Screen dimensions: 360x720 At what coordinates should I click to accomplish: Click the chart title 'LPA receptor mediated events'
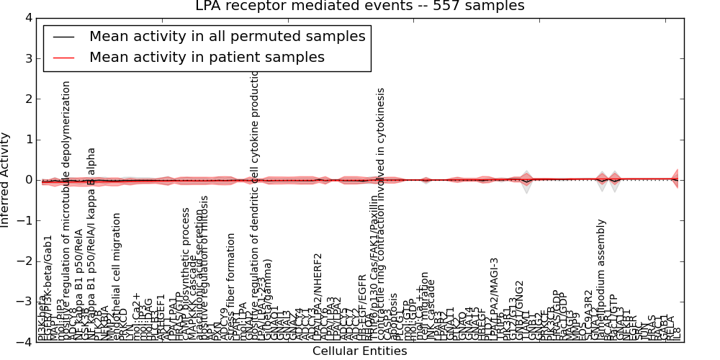tap(360, 6)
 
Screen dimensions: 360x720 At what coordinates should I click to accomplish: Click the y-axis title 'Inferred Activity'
tap(6, 179)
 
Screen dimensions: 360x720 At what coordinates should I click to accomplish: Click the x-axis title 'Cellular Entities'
tap(359, 351)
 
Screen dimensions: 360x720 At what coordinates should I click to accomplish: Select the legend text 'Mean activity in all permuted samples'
tap(228, 36)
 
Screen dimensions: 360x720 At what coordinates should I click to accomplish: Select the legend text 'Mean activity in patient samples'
tap(207, 57)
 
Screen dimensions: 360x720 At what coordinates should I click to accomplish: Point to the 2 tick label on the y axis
tap(29, 99)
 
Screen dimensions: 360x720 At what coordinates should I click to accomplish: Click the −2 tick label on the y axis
tap(26, 261)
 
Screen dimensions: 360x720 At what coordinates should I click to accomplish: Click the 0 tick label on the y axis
tap(29, 180)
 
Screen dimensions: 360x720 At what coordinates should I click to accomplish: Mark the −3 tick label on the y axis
tap(26, 302)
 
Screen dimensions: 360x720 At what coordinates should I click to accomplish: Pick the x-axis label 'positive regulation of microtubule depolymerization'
tap(66, 209)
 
